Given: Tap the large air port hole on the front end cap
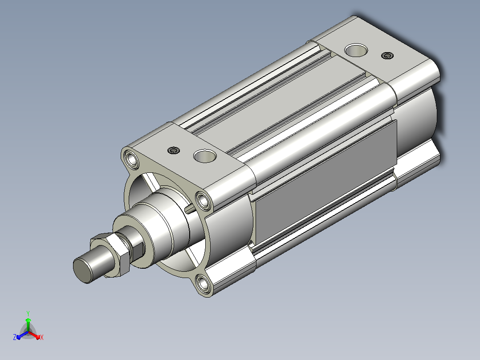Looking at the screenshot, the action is tap(205, 156).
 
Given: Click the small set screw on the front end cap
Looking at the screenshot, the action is tap(174, 151).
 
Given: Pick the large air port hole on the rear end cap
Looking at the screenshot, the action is tap(356, 50).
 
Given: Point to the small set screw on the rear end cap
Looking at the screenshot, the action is tap(387, 55).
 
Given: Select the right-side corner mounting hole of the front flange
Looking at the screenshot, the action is tap(203, 201).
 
